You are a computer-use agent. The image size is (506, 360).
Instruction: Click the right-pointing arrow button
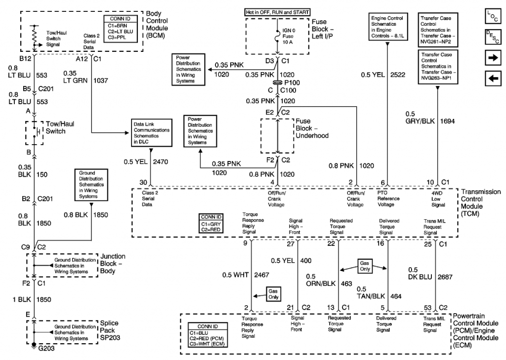[x=493, y=58]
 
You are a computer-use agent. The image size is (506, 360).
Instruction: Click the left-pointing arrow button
[x=493, y=79]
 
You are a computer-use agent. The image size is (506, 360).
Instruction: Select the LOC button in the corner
[x=493, y=16]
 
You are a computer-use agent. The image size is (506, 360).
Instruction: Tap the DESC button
[x=493, y=37]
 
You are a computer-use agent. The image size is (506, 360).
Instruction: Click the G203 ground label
[x=46, y=348]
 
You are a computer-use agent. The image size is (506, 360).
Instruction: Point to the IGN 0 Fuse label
[x=288, y=36]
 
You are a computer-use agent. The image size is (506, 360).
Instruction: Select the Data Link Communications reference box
[x=152, y=132]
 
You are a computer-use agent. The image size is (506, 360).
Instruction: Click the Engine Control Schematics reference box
[x=388, y=27]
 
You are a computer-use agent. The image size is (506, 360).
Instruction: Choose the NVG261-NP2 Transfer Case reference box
[x=438, y=30]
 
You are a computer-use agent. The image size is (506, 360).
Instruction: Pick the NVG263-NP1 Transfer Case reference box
[x=438, y=67]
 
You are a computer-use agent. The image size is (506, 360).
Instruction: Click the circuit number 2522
[x=397, y=75]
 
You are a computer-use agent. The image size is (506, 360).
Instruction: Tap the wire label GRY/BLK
[x=420, y=121]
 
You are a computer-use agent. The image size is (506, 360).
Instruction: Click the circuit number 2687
[x=445, y=277]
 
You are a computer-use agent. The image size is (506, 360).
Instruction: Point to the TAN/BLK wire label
[x=371, y=296]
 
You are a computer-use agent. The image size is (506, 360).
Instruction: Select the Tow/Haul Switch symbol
[x=35, y=132]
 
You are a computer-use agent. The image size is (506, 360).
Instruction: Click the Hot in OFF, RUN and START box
[x=277, y=12]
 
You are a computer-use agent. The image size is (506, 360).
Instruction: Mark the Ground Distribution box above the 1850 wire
[x=91, y=185]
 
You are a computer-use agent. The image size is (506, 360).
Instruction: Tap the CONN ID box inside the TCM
[x=211, y=223]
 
